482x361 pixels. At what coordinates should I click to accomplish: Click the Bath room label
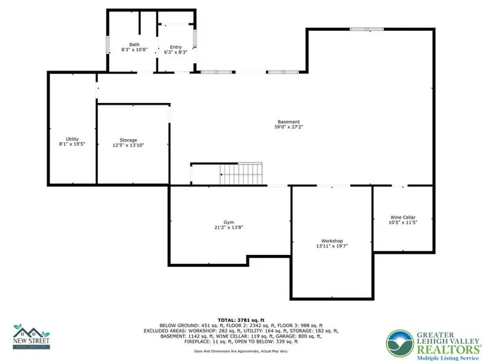(x=134, y=44)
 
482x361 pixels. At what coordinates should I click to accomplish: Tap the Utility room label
(x=72, y=138)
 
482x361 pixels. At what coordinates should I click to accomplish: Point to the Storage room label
(x=129, y=140)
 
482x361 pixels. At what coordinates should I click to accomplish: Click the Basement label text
(x=288, y=122)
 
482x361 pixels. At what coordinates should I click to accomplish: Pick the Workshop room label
(x=332, y=240)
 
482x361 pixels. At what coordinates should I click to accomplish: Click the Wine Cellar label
(x=403, y=217)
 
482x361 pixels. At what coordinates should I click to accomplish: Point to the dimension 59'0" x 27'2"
(x=288, y=127)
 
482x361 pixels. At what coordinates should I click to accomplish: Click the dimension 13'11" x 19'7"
(x=332, y=245)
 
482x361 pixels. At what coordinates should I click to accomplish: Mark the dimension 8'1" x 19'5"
(x=72, y=144)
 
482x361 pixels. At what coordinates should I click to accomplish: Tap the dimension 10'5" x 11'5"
(x=403, y=223)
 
